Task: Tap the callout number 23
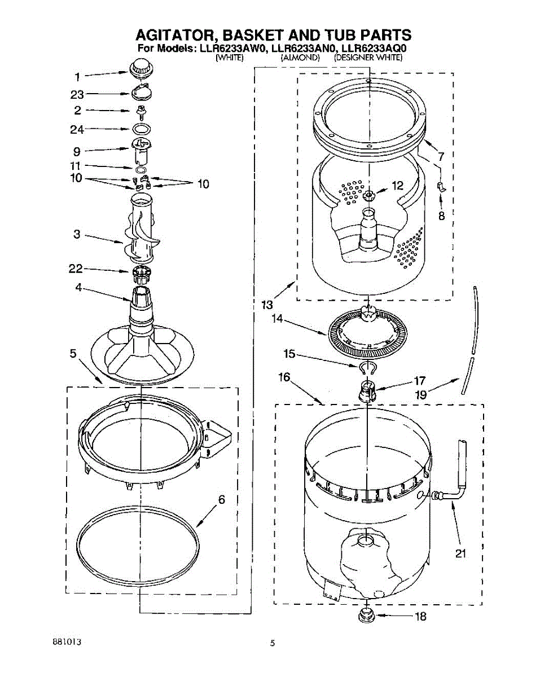[77, 94]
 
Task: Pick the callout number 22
[76, 269]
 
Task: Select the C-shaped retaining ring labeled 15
[367, 368]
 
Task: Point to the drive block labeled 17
[367, 390]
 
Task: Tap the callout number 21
[461, 553]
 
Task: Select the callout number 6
[222, 500]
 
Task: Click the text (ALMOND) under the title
[301, 58]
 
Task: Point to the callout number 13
[267, 305]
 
